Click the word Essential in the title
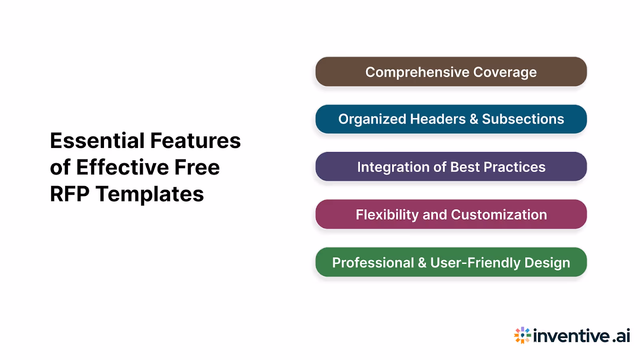tap(97, 141)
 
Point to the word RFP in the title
tap(70, 194)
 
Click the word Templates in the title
tap(150, 194)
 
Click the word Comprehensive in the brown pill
tap(417, 72)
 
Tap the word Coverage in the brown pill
tap(505, 72)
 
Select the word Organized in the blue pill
tap(372, 119)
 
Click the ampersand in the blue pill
tap(474, 119)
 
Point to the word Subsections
tap(523, 119)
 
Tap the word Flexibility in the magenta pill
tap(387, 215)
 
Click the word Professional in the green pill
tap(373, 263)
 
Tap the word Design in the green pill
tap(547, 263)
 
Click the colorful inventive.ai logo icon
tap(522, 335)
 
